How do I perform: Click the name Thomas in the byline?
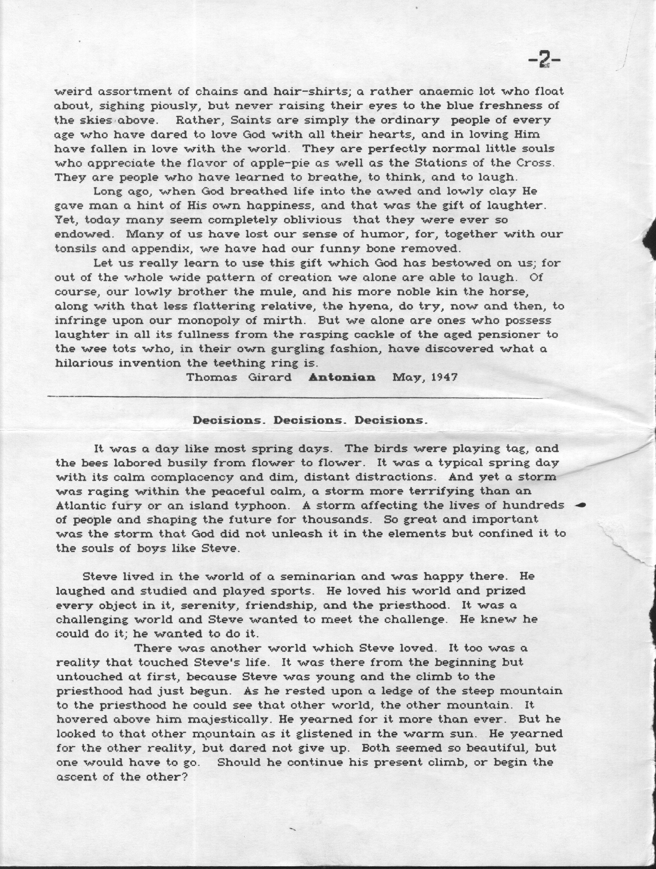click(x=212, y=378)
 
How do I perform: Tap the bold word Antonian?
click(x=342, y=378)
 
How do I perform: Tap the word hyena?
click(x=371, y=306)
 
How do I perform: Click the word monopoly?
click(x=207, y=320)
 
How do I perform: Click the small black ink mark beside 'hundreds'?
click(x=581, y=505)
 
